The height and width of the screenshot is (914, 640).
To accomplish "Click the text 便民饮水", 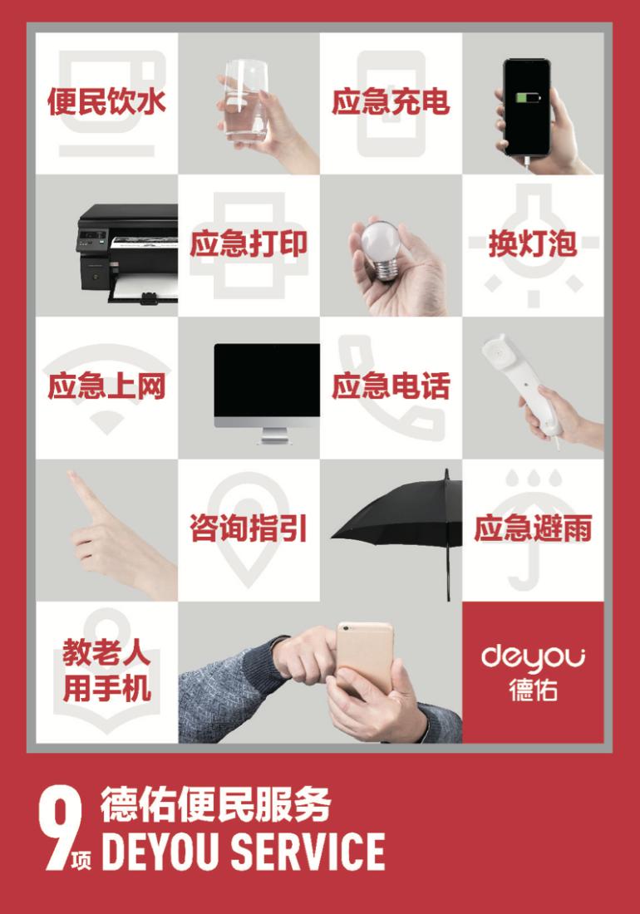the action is click(106, 101).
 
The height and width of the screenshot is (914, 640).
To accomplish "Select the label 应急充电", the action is click(391, 101).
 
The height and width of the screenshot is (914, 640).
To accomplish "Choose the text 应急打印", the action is click(249, 243).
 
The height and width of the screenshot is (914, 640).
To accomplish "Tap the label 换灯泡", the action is click(533, 243).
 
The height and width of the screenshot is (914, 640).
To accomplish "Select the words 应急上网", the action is click(106, 386).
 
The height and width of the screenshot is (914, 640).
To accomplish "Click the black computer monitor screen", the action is click(267, 380).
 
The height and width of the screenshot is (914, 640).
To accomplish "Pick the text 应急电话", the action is click(391, 386).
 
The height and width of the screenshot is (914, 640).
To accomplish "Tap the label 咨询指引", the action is click(249, 528).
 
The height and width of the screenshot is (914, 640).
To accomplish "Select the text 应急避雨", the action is click(533, 528).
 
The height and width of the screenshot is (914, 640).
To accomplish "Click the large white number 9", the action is click(60, 828).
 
